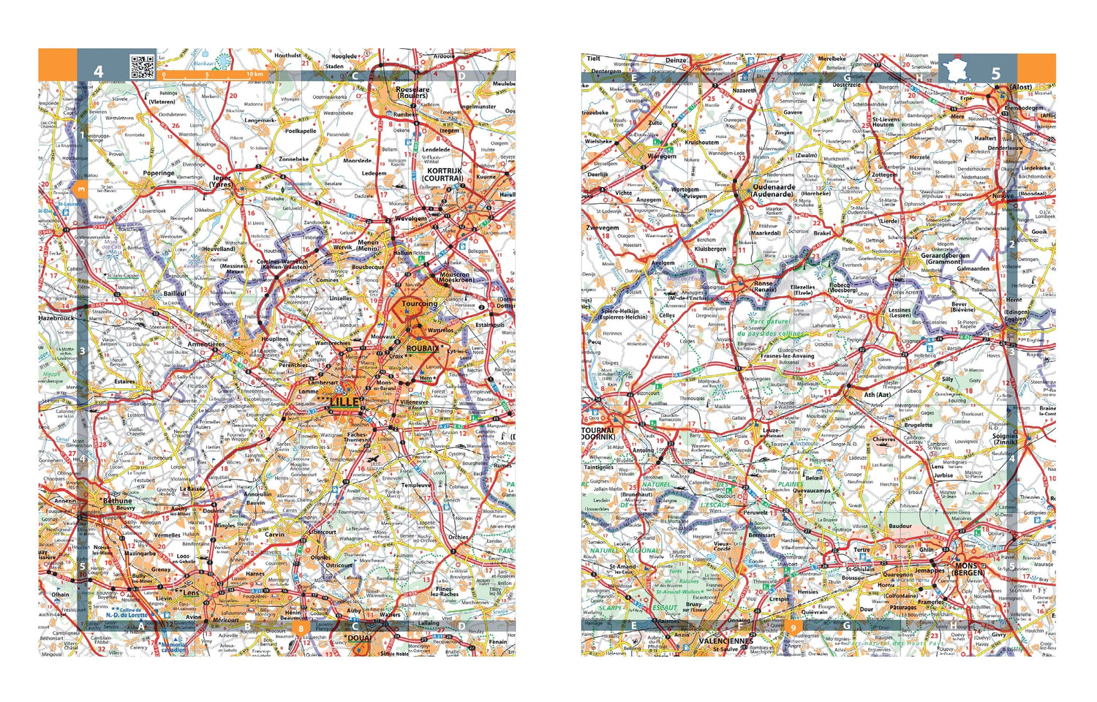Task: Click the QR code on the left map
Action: click(143, 67)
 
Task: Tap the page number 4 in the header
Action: click(98, 72)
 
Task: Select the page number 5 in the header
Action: click(995, 73)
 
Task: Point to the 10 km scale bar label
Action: click(255, 75)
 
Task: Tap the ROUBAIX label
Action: click(423, 349)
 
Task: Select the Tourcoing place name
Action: click(419, 303)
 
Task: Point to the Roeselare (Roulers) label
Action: click(412, 92)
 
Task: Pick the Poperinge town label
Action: click(159, 173)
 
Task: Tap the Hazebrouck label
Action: click(56, 319)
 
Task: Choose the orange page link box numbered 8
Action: click(300, 627)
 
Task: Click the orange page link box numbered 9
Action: click(793, 627)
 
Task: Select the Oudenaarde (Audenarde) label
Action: click(774, 191)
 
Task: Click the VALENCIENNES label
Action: click(725, 641)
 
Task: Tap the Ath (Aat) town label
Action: click(878, 395)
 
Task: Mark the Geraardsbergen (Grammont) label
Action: click(946, 259)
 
